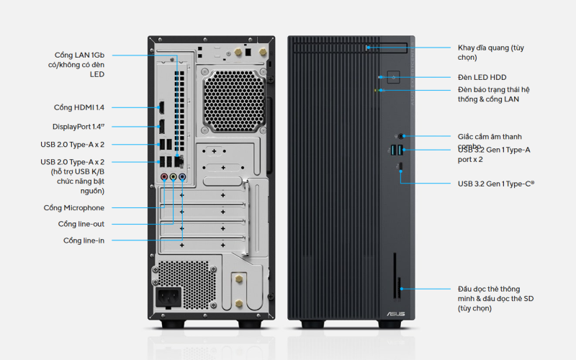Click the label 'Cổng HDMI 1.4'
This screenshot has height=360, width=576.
click(79, 108)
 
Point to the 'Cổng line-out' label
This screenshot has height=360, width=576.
click(81, 224)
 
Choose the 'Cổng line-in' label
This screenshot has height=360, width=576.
click(84, 240)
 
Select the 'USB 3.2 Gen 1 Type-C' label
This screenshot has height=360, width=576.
click(496, 183)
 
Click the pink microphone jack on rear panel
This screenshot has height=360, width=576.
click(164, 176)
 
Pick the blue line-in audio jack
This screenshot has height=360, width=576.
click(181, 176)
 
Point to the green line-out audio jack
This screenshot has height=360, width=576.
click(173, 176)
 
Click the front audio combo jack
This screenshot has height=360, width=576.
click(401, 135)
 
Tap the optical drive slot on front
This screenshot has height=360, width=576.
click(385, 48)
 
